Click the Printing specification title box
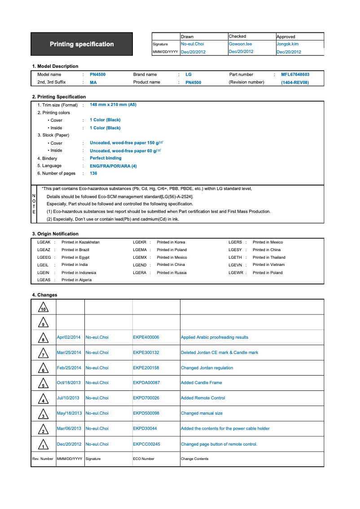click(x=82, y=44)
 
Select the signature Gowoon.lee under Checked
click(x=240, y=44)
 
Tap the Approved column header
click(x=286, y=36)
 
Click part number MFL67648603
click(x=295, y=75)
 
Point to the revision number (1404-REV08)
click(x=295, y=83)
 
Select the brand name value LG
click(x=189, y=75)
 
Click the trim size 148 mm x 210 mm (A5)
click(x=113, y=105)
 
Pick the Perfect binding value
click(x=105, y=158)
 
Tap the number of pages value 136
click(x=93, y=173)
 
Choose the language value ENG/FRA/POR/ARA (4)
click(x=113, y=166)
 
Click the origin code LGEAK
click(x=44, y=242)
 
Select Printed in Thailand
click(x=269, y=257)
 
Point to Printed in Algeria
click(x=76, y=280)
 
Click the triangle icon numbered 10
click(x=43, y=308)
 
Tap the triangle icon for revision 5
click(x=43, y=384)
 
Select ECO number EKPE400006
click(x=146, y=337)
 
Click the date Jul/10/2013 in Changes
click(x=68, y=398)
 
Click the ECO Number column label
click(x=144, y=459)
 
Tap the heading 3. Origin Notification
click(x=55, y=234)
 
